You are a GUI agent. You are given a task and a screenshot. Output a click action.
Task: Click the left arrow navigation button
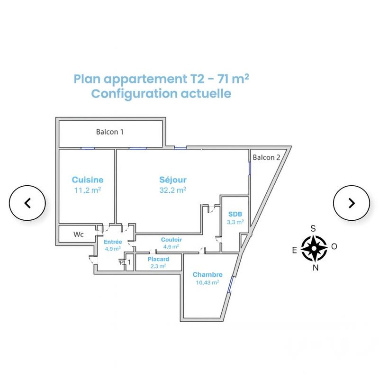click(27, 203)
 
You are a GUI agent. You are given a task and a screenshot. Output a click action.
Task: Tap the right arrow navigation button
click(351, 203)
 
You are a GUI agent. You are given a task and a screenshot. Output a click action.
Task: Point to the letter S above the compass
click(313, 228)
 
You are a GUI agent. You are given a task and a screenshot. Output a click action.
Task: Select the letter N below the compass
click(315, 267)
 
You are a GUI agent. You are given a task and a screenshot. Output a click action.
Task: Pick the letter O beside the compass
click(334, 246)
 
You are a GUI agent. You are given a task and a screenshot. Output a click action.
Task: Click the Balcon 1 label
click(109, 132)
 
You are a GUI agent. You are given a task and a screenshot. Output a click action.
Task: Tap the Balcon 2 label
click(266, 158)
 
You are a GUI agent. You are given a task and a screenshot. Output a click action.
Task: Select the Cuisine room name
click(88, 180)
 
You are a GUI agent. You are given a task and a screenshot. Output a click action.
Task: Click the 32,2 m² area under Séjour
click(172, 189)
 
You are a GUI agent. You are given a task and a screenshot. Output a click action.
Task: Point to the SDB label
click(235, 214)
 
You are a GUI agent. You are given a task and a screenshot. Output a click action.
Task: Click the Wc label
click(79, 234)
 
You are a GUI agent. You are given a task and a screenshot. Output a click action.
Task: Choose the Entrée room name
click(113, 242)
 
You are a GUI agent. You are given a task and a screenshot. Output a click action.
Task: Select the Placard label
click(158, 260)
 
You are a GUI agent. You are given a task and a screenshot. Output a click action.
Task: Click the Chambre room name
click(208, 275)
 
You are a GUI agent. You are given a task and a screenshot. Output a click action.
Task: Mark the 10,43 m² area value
click(208, 283)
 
